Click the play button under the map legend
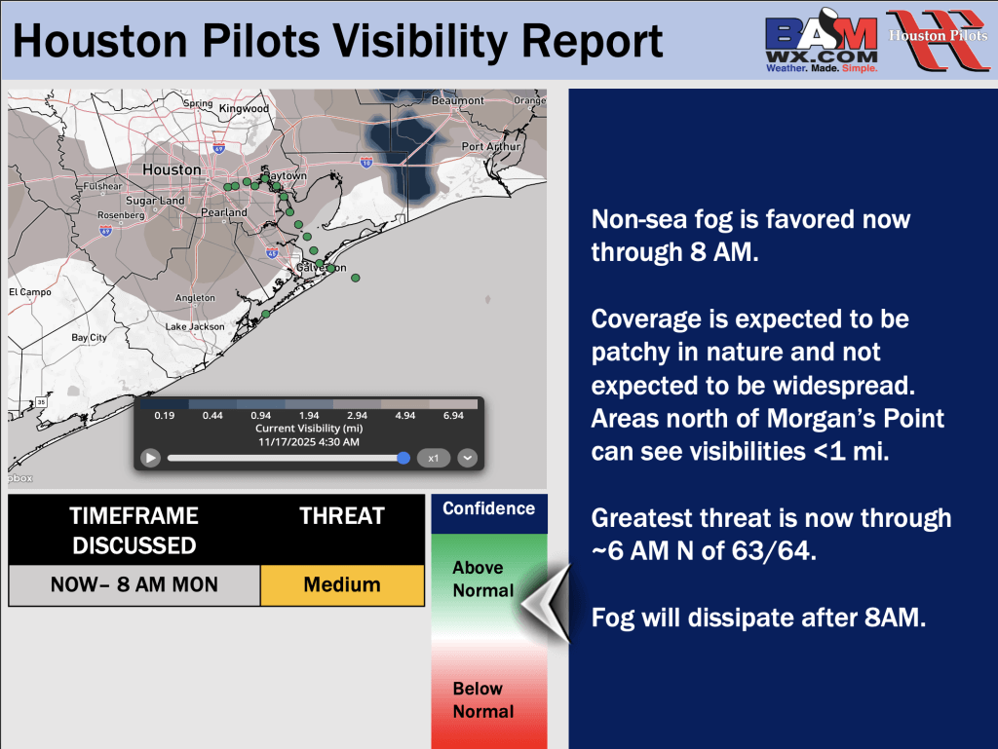150,458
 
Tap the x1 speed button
434,458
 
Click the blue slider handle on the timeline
403,458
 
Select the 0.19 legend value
164,415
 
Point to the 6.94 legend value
453,415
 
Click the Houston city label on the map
172,169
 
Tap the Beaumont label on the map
458,100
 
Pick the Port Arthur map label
491,146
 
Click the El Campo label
30,292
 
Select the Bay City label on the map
89,338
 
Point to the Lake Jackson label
195,327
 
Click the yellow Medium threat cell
342,585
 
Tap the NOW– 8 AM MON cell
134,585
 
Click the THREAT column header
342,515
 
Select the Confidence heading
489,508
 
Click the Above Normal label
483,580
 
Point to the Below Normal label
483,700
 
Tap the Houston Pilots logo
938,39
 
